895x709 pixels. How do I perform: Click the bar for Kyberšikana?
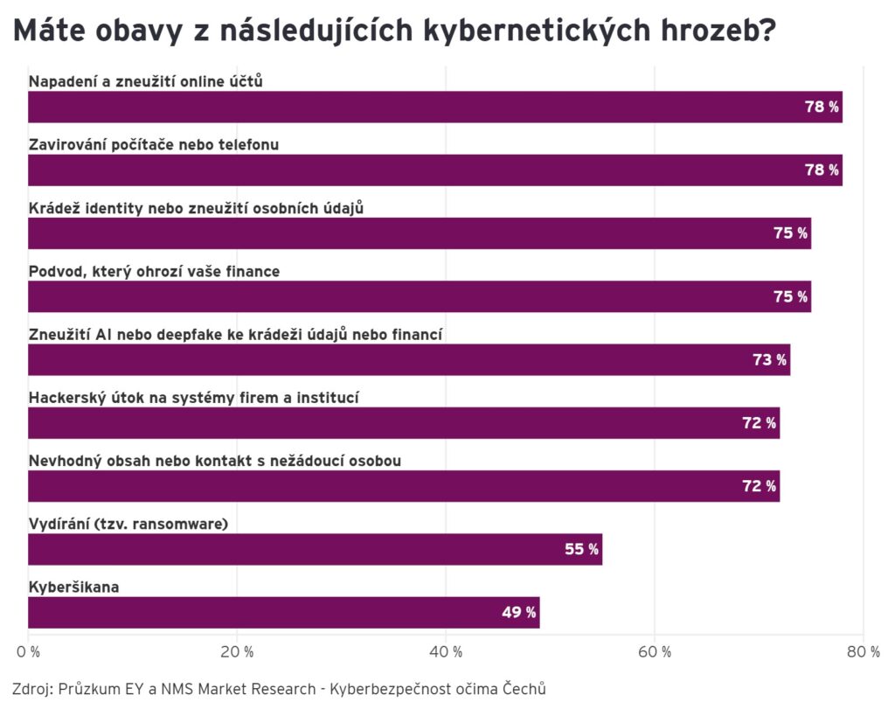click(x=283, y=612)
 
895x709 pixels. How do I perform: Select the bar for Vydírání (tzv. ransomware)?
click(x=315, y=549)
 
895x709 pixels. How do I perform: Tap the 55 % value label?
click(x=581, y=549)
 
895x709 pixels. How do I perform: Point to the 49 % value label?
click(x=518, y=612)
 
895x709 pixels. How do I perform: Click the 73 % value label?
click(x=769, y=359)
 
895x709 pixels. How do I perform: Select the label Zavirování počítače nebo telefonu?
click(x=154, y=144)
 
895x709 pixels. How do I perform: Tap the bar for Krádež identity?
click(x=420, y=233)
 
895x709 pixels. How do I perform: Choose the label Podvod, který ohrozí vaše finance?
click(x=154, y=271)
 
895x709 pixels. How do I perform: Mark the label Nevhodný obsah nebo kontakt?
click(x=215, y=461)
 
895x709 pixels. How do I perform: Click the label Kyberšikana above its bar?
click(x=73, y=587)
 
